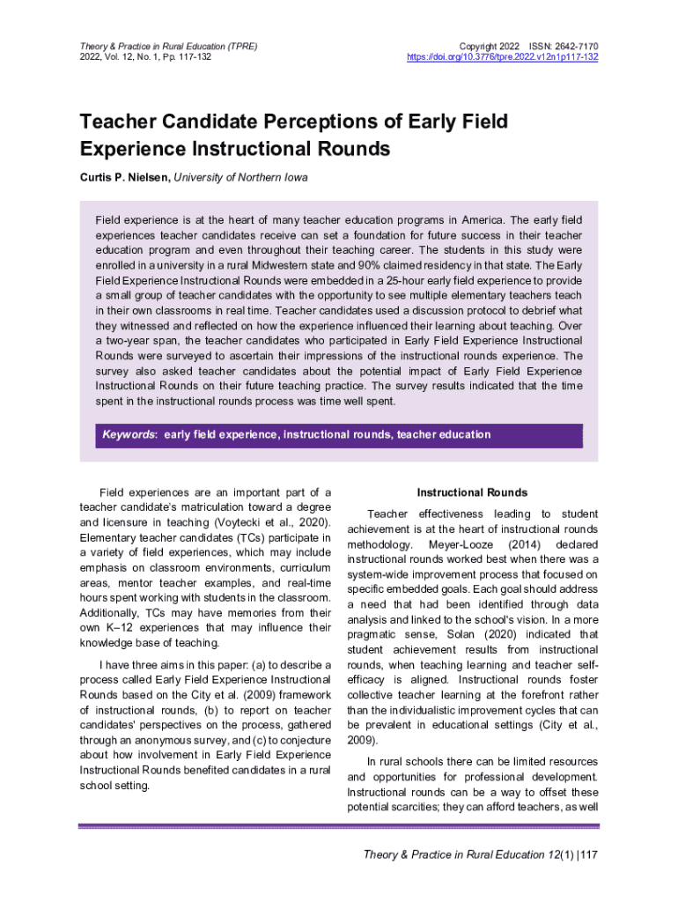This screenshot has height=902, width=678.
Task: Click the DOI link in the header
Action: (503, 57)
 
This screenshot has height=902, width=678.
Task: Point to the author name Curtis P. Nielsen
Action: (124, 178)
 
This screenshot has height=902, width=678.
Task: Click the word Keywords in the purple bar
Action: (129, 434)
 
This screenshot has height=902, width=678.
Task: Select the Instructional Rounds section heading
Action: (472, 492)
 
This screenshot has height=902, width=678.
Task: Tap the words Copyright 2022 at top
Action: (485, 45)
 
